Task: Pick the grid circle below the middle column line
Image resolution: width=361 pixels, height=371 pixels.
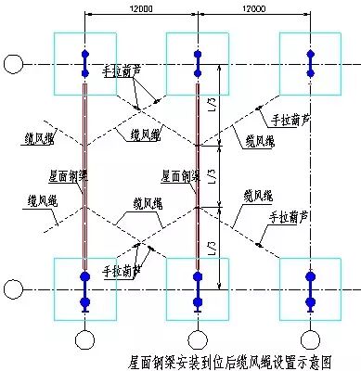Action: (197, 339)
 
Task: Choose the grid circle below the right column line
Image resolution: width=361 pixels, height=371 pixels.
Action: (309, 339)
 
